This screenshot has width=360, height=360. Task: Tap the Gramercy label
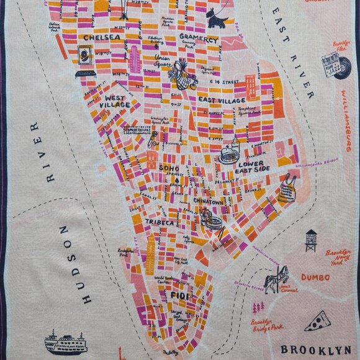pyautogui.click(x=198, y=38)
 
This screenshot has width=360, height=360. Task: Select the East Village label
pyautogui.click(x=222, y=99)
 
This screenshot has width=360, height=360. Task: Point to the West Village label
pyautogui.click(x=117, y=102)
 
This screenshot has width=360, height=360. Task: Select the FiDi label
pyautogui.click(x=179, y=295)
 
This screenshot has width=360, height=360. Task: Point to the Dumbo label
pyautogui.click(x=315, y=277)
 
